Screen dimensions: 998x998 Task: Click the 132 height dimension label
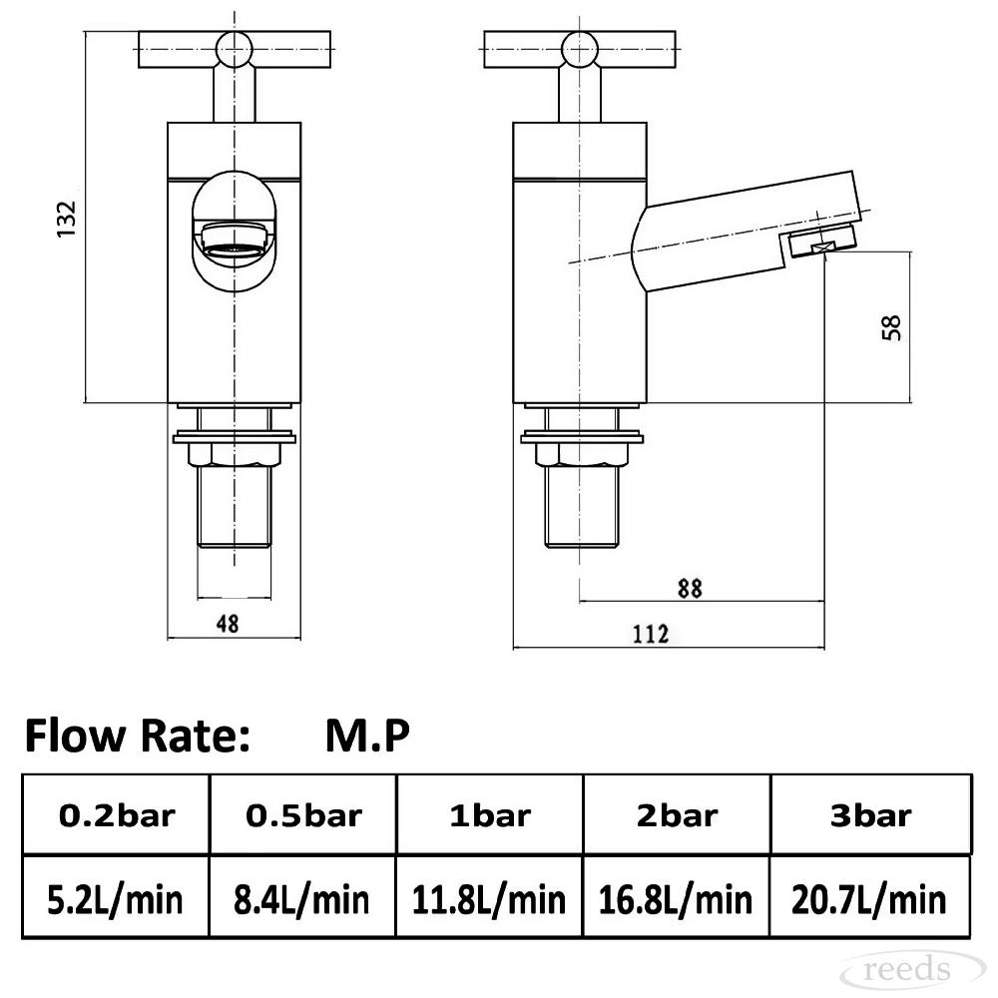(66, 220)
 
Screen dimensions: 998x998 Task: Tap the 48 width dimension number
(228, 624)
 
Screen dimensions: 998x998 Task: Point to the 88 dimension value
(690, 588)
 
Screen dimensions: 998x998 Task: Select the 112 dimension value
(651, 635)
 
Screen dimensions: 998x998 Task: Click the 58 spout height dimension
(892, 327)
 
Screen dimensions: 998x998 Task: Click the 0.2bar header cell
(117, 816)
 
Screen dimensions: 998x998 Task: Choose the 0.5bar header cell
(303, 816)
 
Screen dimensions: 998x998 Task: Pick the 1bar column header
(490, 816)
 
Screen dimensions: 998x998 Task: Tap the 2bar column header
(678, 816)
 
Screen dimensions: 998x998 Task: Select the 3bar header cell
(870, 816)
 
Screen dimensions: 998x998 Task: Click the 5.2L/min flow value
(115, 900)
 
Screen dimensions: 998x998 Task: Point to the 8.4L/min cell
(301, 900)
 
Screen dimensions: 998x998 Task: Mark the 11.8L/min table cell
(489, 900)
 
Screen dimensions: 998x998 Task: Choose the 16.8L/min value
(676, 900)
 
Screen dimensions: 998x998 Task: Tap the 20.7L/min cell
(869, 900)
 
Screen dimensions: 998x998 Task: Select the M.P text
(367, 736)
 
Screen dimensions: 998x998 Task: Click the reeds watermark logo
(909, 970)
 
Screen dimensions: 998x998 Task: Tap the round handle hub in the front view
(235, 48)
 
